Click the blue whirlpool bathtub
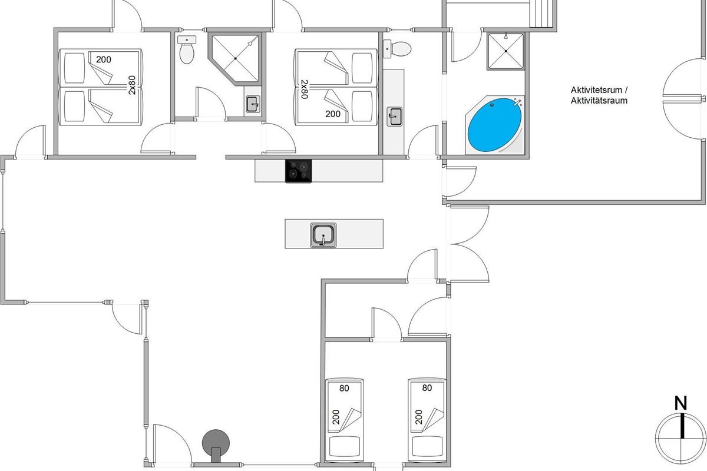pos(494,126)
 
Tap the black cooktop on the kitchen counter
pos(299,171)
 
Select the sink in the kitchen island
pos(323,235)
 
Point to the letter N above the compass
pos(681,403)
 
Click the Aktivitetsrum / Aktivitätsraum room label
pos(599,95)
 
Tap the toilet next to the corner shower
pos(187,49)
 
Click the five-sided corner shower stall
pos(234,57)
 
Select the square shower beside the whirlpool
pos(506,51)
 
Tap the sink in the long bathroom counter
pos(394,117)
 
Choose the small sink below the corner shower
pos(253,104)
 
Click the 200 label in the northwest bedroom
pos(104,59)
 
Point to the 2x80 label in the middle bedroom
pos(304,89)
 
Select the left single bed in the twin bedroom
pos(344,419)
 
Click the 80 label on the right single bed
pos(427,388)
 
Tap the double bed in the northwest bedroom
pos(100,87)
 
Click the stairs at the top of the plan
pos(543,13)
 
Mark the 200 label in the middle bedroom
pos(333,114)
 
